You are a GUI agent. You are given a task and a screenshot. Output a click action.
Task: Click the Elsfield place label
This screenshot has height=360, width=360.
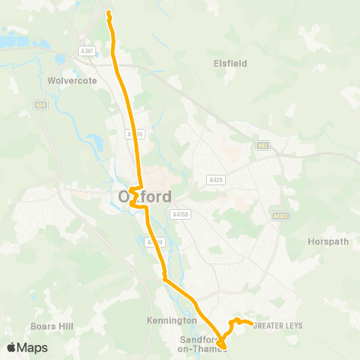[x=229, y=64]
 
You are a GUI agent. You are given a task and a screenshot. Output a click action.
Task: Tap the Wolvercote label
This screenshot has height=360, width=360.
[x=68, y=79]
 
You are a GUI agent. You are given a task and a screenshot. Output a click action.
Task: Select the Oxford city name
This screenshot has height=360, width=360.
[x=144, y=196]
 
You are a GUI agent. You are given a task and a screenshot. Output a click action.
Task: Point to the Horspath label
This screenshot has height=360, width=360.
[x=325, y=241]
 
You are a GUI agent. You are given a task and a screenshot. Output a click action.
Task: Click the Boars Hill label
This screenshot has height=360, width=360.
[x=50, y=326]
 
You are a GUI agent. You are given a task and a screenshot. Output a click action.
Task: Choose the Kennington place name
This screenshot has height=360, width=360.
[x=176, y=320]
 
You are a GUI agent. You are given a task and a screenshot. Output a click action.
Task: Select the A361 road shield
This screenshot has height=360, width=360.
[x=88, y=51]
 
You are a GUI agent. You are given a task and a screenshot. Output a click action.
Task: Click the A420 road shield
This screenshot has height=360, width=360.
[x=216, y=180]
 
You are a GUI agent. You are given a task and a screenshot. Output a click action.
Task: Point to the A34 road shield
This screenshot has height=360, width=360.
[x=40, y=105]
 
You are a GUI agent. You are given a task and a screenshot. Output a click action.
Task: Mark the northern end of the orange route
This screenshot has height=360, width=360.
[x=109, y=13]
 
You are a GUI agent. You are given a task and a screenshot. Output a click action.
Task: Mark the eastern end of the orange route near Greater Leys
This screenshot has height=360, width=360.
[x=250, y=324]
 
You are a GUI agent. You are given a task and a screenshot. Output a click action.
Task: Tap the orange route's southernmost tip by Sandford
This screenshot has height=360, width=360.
[x=222, y=346]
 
